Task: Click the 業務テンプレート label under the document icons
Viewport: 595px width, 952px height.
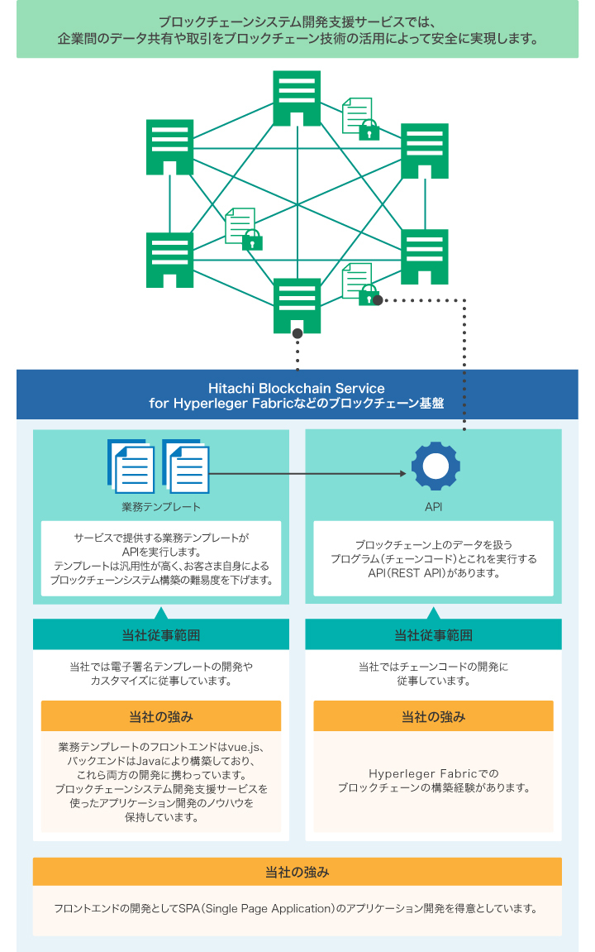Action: [160, 506]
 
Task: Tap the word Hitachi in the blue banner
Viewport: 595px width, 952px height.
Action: [236, 388]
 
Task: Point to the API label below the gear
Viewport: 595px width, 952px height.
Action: [434, 506]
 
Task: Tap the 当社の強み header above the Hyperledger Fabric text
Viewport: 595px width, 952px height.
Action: [433, 716]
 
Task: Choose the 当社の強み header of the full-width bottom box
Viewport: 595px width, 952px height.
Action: [297, 872]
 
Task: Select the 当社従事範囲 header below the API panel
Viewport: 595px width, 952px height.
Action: [433, 635]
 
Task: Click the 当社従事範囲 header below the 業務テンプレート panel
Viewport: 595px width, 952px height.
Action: [160, 635]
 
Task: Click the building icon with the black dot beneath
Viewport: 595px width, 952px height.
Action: [297, 304]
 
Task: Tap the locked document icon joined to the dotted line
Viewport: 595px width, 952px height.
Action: [359, 284]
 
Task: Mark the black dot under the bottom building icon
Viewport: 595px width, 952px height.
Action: [297, 334]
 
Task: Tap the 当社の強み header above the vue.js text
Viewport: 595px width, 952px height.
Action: [160, 716]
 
